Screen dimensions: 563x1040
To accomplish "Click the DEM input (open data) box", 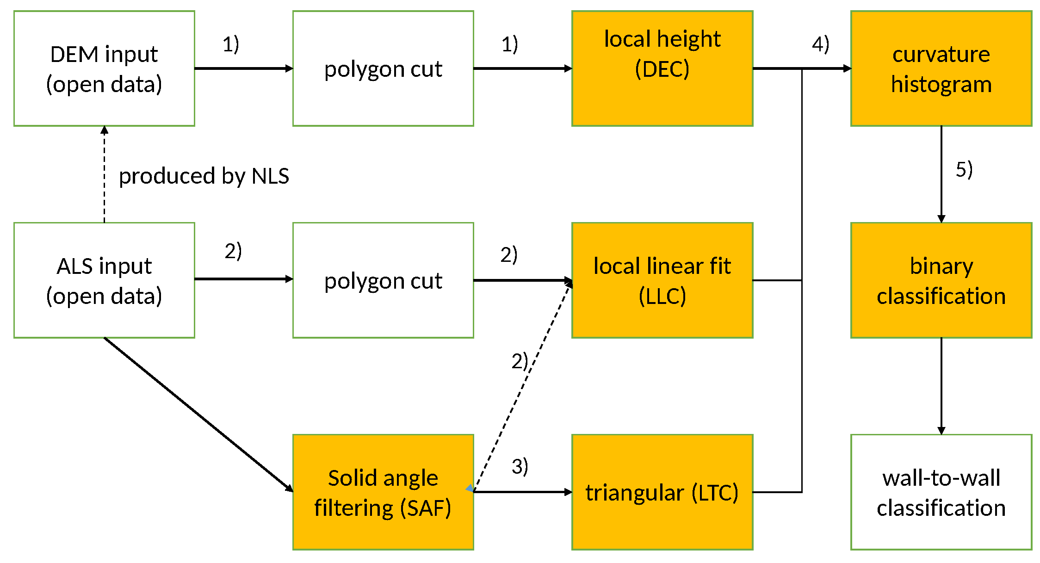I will coord(104,68).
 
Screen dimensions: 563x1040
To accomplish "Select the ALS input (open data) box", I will coord(104,280).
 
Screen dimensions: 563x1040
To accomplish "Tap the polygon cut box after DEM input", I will coord(383,68).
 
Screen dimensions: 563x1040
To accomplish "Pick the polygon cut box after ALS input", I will coord(383,280).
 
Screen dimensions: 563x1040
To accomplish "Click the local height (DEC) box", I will coord(662,68).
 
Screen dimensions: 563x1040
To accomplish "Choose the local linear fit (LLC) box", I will coord(662,280).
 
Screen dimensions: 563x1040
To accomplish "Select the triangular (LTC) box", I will coord(662,492).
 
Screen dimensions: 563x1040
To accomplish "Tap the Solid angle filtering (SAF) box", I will coord(383,492).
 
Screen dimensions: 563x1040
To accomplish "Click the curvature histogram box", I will coord(941,68).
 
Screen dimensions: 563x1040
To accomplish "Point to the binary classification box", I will coord(941,280).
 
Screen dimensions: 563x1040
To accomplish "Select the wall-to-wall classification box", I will coord(941,492).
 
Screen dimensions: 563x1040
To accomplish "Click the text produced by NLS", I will coord(204,176).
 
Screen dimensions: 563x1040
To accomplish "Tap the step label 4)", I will coord(820,45).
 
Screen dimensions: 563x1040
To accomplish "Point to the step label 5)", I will coord(964,170).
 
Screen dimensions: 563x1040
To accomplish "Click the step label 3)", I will coord(520,466).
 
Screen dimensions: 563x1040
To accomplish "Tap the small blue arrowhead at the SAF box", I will coord(470,489).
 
